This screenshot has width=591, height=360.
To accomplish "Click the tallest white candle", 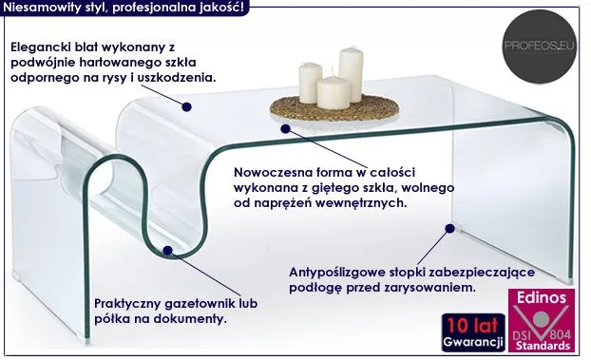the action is point(351,75).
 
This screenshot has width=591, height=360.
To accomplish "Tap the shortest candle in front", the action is point(334,93).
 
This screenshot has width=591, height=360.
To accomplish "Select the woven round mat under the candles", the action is point(334,107).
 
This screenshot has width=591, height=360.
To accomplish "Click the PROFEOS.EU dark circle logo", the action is point(539,47).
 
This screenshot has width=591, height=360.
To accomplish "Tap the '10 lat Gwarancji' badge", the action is point(473,332).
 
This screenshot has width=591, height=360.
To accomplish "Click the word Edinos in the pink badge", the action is point(542,297).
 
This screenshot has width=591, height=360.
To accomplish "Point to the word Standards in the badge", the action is point(543,346).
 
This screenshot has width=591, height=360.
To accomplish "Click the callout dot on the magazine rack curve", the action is point(168,251).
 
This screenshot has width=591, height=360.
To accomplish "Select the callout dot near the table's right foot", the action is point(449,228).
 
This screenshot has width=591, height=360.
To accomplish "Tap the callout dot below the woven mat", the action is point(285,128).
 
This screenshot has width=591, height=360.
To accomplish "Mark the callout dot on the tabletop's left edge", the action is point(186,106).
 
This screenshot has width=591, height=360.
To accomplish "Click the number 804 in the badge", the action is point(562,334).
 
